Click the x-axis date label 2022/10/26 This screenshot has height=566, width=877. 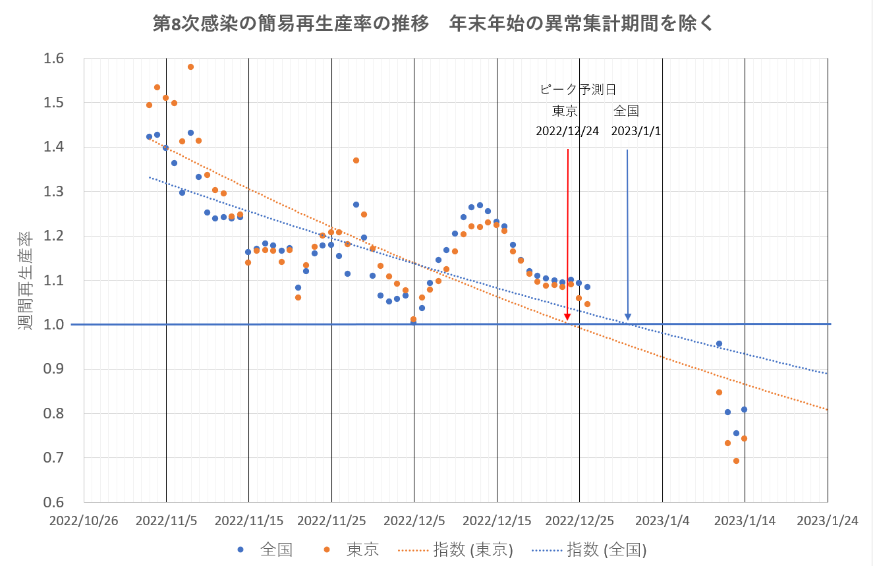84,521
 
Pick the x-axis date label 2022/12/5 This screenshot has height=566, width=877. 414,521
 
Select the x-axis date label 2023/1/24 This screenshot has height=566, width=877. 827,521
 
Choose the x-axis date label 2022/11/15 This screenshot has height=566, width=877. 248,521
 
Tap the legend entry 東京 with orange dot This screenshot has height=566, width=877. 352,549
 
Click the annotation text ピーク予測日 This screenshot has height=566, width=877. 578,90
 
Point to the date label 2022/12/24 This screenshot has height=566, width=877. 567,130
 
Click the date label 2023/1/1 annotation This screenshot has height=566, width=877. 636,130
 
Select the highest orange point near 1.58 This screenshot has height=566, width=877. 190,67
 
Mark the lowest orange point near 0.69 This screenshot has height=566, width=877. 736,461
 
